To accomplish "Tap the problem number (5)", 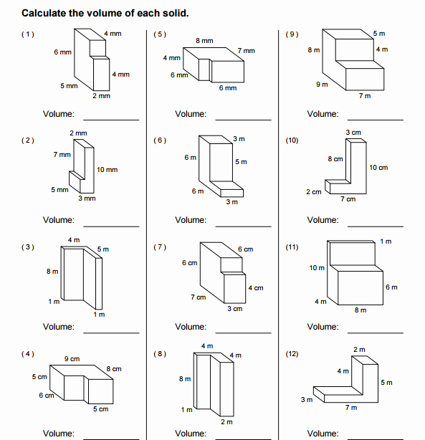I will [160, 34].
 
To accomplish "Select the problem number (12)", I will [292, 354].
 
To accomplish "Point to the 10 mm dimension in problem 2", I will [107, 170].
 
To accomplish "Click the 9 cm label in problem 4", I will [72, 358].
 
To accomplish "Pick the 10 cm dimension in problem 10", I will [378, 167].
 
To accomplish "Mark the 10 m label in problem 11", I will [317, 267].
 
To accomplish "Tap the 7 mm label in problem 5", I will [246, 51].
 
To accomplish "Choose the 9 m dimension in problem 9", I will [322, 85].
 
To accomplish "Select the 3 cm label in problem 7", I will [234, 309].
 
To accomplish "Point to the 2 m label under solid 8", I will [226, 422].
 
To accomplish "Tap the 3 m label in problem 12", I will [306, 399].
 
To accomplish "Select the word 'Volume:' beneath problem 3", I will [59, 327].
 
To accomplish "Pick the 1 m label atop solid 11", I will [386, 241].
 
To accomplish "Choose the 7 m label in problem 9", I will [365, 96].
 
